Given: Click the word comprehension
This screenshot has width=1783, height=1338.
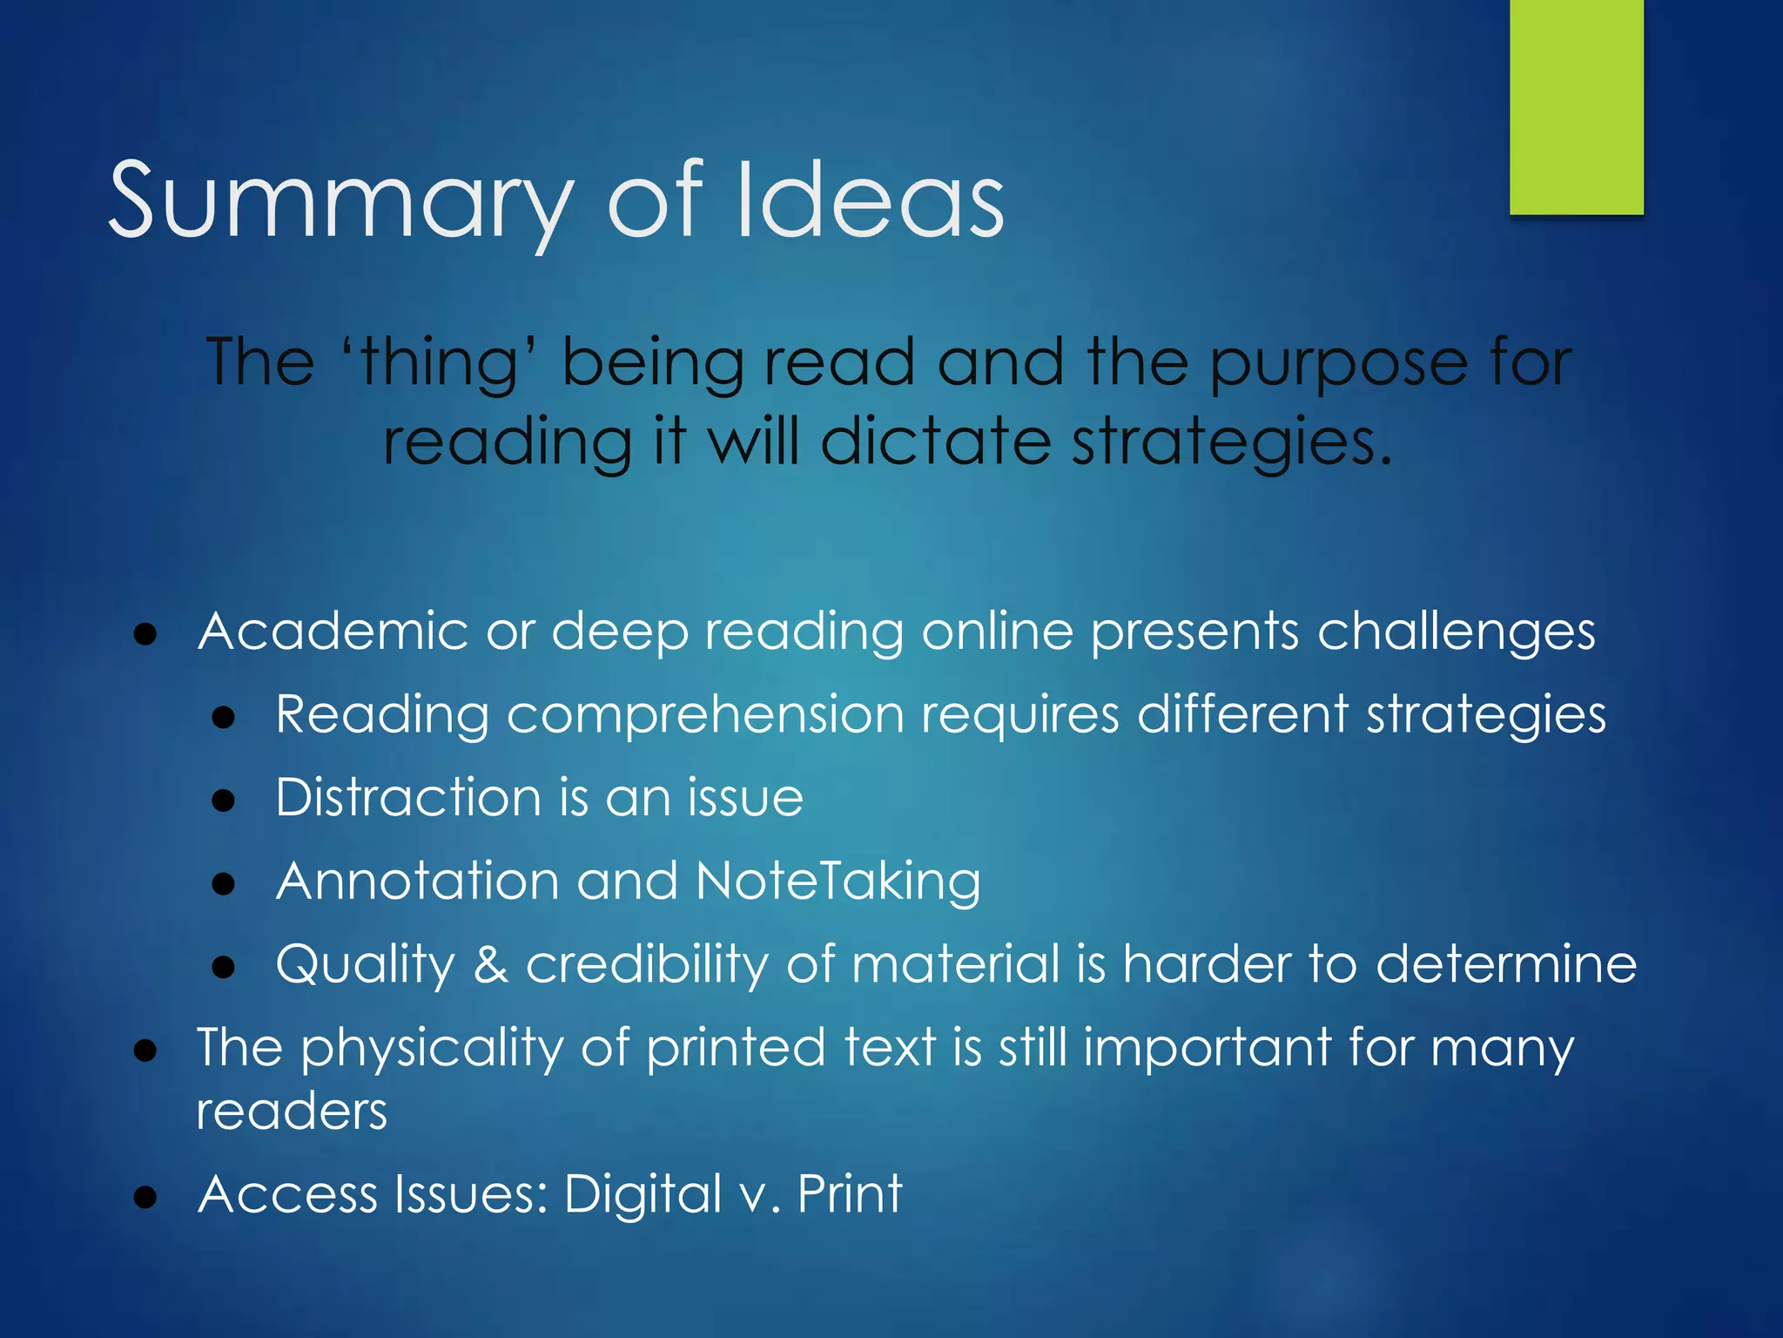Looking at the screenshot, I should (x=706, y=715).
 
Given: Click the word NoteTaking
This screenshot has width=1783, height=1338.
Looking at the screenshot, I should (x=838, y=881).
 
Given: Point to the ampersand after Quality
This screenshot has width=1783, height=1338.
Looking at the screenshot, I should (x=490, y=963).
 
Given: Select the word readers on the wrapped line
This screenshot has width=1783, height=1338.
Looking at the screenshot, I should (x=292, y=1112).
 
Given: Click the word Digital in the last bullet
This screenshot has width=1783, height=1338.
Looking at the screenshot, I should (x=643, y=1193).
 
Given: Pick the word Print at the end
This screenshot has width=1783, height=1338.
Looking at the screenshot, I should (x=850, y=1193).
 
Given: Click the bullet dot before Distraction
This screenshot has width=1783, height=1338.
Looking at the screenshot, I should (x=224, y=800).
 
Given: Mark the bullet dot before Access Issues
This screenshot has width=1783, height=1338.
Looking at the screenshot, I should (x=145, y=1197).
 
